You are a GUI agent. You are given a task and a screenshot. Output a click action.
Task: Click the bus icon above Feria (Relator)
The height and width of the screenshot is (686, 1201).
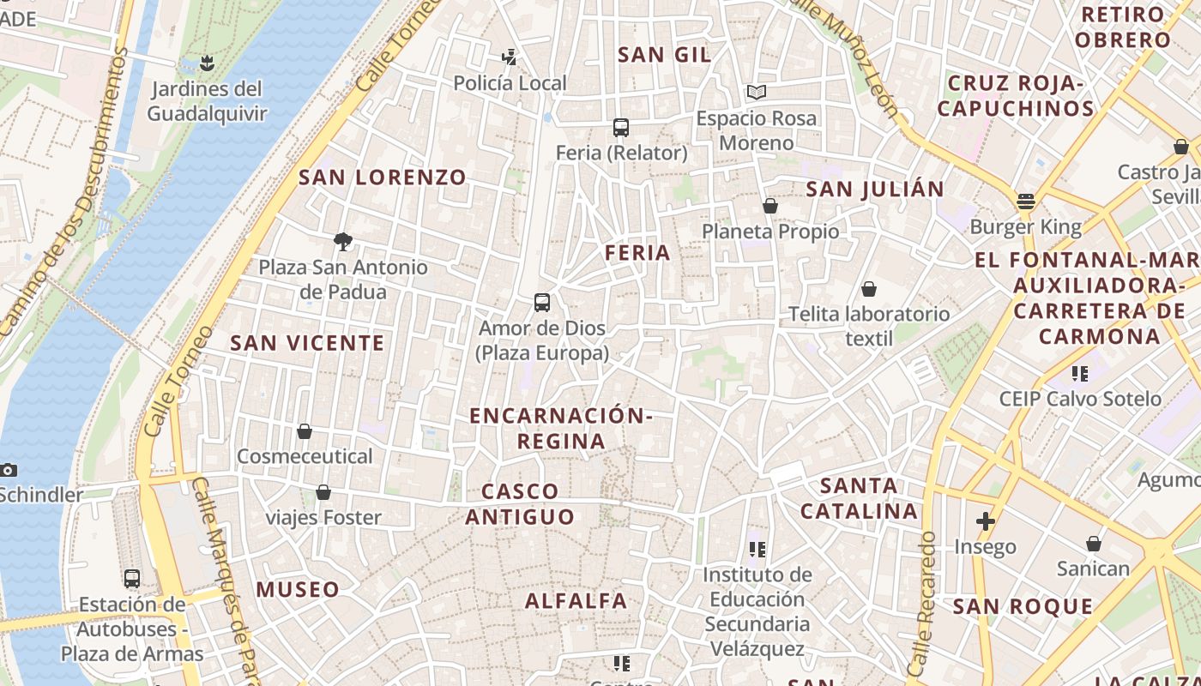621,128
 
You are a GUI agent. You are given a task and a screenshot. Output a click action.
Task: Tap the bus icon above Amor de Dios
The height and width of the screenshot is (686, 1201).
542,303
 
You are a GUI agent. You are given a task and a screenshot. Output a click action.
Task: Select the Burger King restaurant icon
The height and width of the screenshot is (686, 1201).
1026,202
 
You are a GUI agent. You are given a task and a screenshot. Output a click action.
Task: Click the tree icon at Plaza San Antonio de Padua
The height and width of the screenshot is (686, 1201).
343,242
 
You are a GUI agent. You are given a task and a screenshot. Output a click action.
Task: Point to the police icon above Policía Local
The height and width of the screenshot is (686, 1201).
510,57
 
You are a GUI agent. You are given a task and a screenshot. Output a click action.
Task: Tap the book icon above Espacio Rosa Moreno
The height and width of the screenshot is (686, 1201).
756,93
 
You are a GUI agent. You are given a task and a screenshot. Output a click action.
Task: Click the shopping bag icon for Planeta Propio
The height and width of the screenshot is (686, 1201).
770,206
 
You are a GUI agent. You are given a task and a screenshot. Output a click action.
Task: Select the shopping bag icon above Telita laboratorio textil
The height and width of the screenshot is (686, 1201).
869,289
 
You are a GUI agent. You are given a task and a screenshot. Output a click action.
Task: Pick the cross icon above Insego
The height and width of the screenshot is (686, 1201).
985,521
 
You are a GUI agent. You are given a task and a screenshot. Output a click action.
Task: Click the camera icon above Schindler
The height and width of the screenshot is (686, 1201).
9,470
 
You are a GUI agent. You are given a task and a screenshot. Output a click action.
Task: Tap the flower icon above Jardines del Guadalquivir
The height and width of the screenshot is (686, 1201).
207,63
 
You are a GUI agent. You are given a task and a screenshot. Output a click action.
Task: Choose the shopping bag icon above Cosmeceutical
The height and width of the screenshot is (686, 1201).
305,431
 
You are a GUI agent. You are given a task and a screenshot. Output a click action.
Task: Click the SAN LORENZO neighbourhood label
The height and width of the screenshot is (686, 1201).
383,178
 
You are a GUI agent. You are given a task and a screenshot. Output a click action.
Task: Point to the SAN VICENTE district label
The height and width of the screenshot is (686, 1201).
307,343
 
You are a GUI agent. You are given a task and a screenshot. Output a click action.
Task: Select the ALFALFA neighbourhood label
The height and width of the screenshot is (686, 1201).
576,601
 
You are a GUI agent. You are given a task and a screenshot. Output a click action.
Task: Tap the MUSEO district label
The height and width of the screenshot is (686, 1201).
298,589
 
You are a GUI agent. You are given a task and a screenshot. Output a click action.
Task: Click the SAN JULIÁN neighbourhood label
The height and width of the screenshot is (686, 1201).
875,189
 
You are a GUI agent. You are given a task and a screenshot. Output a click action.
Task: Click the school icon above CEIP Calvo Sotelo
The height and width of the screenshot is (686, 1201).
1079,374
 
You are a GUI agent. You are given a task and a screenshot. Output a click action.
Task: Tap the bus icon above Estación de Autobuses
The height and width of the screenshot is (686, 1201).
132,579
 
